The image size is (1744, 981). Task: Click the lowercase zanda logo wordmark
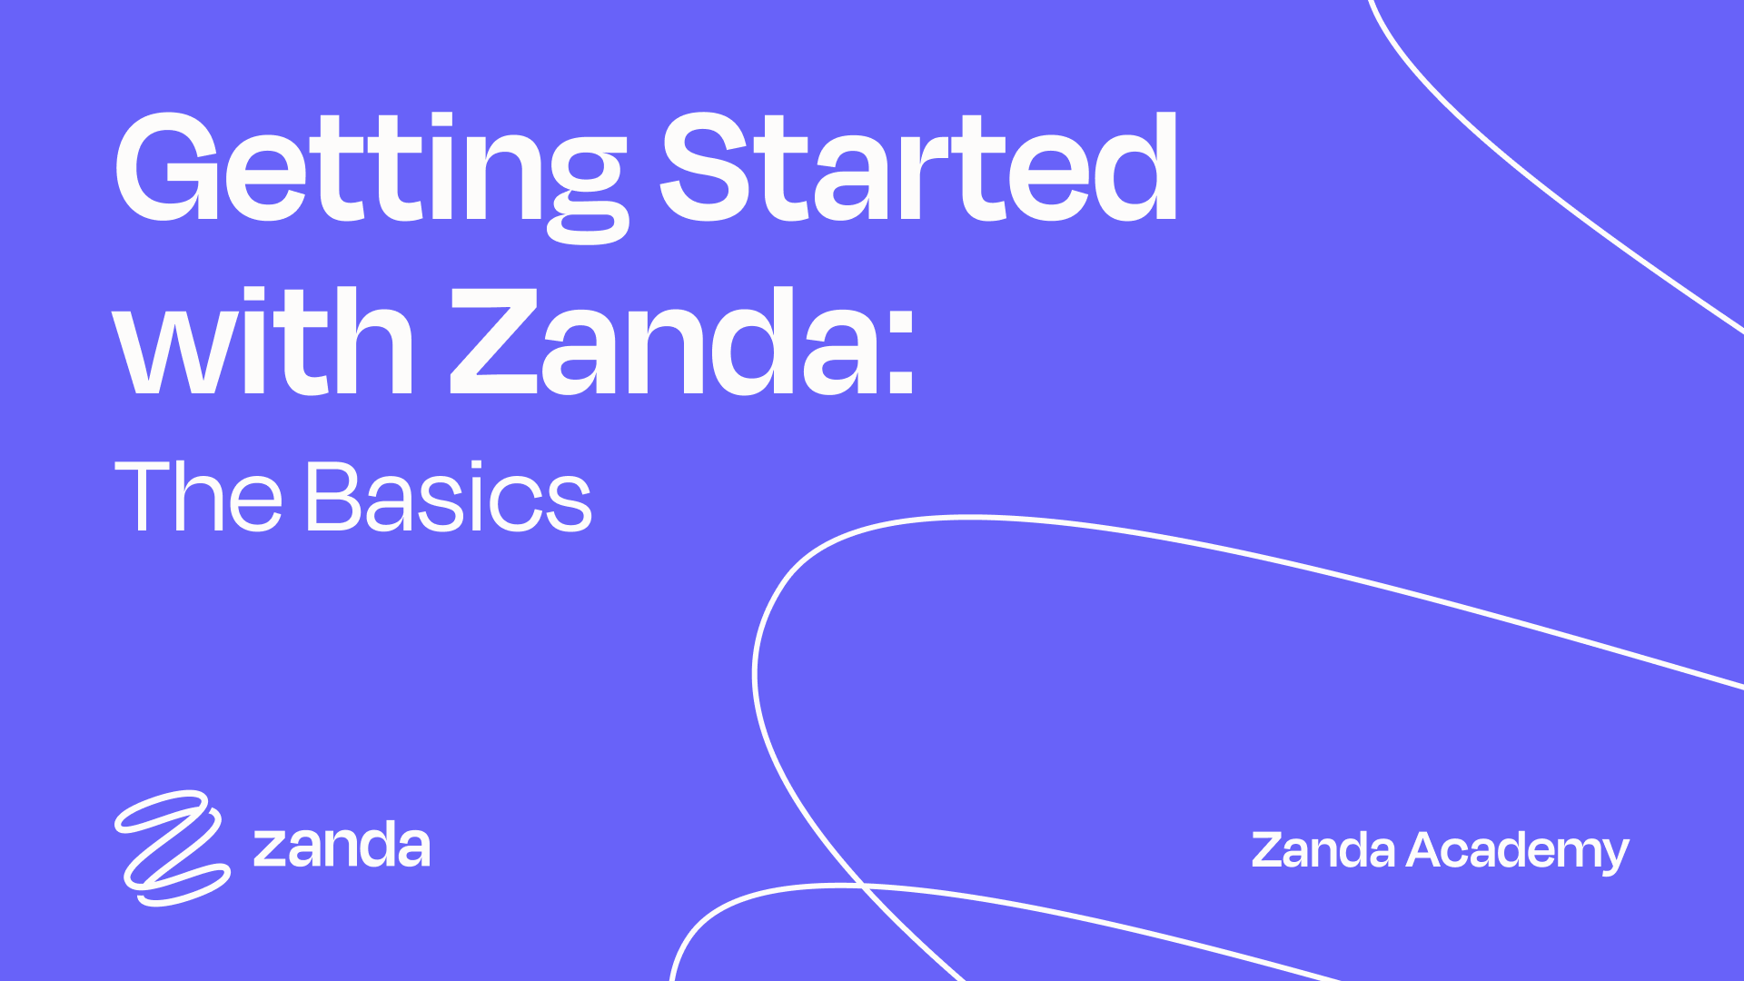[x=342, y=847]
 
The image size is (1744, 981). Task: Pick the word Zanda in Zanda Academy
[x=1323, y=850]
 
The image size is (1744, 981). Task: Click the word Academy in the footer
[x=1518, y=852]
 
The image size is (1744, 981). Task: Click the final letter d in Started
[x=1135, y=168]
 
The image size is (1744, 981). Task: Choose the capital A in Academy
[x=1428, y=850]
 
